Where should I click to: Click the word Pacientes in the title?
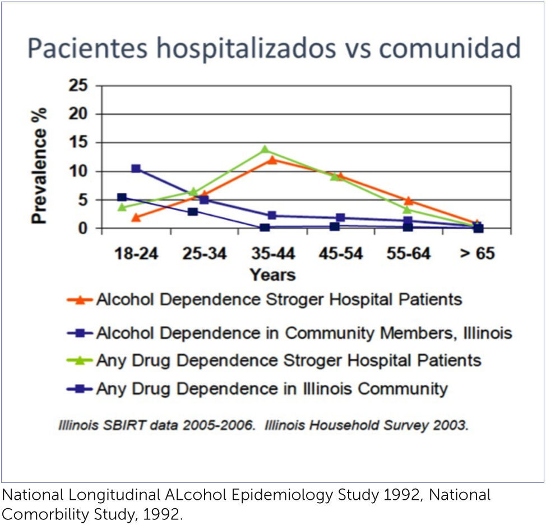point(88,48)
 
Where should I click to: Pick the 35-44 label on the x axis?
point(272,253)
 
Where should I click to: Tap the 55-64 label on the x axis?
point(409,253)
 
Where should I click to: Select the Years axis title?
point(272,275)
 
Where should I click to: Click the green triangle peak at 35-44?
point(265,150)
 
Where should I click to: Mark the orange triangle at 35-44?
point(272,160)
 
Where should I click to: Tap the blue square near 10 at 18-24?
point(136,168)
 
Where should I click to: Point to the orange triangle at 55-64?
point(409,201)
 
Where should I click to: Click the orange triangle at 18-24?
point(136,217)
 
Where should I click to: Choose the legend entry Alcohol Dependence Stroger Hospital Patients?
point(279,300)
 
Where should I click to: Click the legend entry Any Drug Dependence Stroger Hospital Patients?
point(288,360)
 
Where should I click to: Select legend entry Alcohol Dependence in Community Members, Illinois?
point(303,333)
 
